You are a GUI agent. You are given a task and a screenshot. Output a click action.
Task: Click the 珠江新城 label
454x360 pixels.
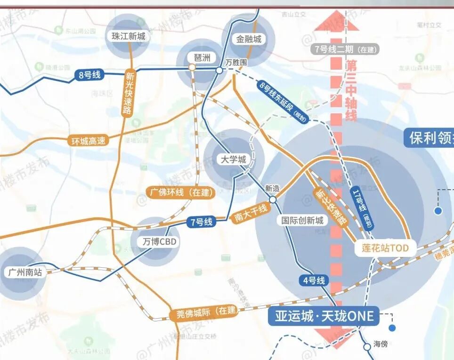129,36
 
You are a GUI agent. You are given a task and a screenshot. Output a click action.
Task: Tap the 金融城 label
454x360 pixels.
249,40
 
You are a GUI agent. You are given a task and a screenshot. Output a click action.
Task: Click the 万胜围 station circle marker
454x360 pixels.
219,71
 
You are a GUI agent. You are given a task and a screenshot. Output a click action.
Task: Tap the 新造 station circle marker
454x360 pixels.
273,200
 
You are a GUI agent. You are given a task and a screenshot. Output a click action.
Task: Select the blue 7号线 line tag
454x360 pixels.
202,222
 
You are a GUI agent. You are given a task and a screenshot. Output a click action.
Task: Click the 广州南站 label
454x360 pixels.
25,272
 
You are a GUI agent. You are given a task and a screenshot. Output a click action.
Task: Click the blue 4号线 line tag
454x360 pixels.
314,281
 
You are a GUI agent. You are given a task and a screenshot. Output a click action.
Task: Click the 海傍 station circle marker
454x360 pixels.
367,347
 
